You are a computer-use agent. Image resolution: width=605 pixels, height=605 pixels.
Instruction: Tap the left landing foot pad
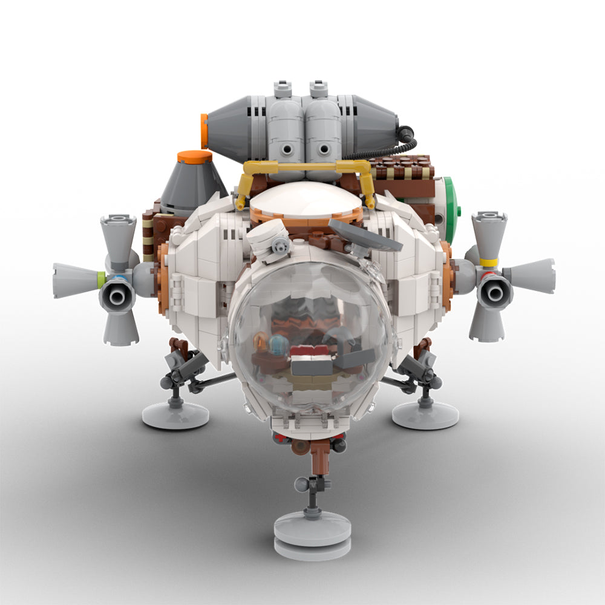click(175, 416)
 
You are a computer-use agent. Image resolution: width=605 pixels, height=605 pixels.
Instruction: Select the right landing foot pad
click(425, 416)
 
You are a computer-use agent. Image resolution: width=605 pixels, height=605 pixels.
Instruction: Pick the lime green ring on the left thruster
click(101, 280)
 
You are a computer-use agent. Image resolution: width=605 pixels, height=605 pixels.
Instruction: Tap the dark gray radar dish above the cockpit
click(364, 236)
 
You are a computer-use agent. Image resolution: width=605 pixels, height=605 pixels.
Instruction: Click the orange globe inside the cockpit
click(260, 343)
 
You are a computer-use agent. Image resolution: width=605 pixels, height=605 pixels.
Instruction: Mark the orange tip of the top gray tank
click(204, 131)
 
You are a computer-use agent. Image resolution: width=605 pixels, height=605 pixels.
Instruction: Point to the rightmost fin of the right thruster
click(532, 276)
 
